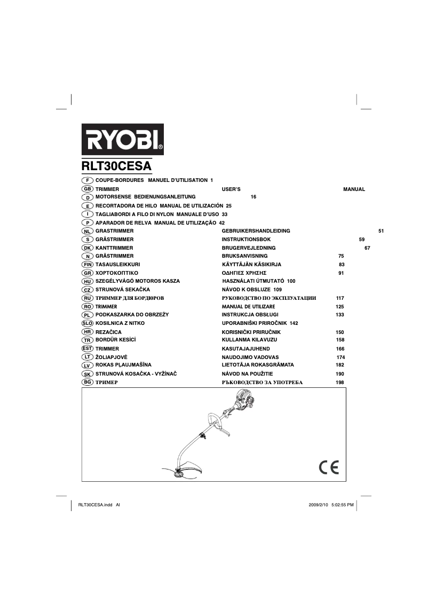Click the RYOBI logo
click(x=123, y=139)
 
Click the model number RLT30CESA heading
click(x=117, y=165)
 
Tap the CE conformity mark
click(x=329, y=467)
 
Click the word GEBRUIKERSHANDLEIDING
click(x=256, y=230)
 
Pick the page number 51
click(x=381, y=230)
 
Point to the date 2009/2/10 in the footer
click(x=318, y=504)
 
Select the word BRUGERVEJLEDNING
click(x=249, y=248)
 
